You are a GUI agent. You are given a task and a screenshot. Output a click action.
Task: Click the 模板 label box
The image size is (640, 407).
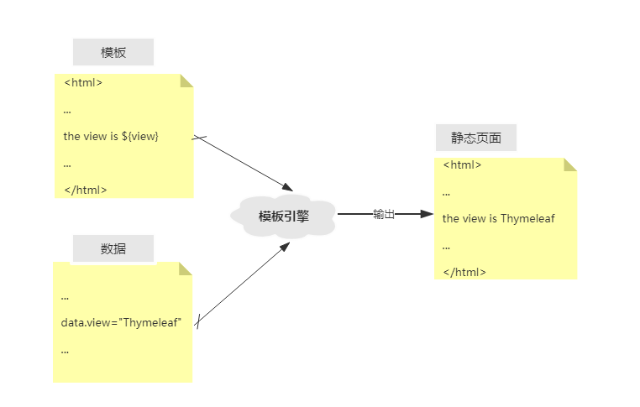point(113,52)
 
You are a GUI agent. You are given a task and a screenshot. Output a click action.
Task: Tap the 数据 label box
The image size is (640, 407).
point(113,248)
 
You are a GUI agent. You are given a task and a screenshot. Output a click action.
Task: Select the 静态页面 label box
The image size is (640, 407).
point(475,138)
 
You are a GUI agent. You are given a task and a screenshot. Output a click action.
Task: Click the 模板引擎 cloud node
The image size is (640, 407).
point(284,216)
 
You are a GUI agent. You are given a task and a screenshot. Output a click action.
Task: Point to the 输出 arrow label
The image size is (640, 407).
point(384,214)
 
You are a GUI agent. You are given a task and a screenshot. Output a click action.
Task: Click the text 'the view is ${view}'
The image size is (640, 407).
point(111,136)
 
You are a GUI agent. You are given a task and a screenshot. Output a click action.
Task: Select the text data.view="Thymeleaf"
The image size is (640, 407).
point(121,322)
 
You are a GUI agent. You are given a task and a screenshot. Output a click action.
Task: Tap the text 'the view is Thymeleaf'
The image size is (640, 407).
point(499,218)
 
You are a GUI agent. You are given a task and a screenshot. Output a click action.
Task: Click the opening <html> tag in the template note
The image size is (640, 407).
point(83,83)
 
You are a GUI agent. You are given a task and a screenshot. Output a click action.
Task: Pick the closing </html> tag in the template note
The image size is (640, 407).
point(86,190)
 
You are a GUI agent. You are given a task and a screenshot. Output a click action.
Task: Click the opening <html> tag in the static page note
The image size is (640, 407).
point(462,164)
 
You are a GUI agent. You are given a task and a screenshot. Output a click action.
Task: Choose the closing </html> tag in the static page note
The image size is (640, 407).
point(464,272)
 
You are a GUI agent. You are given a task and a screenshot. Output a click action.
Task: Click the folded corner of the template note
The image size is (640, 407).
point(186,81)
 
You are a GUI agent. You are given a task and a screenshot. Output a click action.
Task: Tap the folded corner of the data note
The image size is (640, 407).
point(186,269)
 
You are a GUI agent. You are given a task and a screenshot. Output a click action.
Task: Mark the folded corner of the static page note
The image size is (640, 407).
point(570,164)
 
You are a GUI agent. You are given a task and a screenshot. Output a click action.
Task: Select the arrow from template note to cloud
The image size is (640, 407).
point(244,164)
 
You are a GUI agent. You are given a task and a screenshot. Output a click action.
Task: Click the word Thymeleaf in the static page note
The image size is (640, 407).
point(527,218)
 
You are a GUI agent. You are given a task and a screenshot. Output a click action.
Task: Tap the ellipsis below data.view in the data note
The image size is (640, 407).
point(65,351)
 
